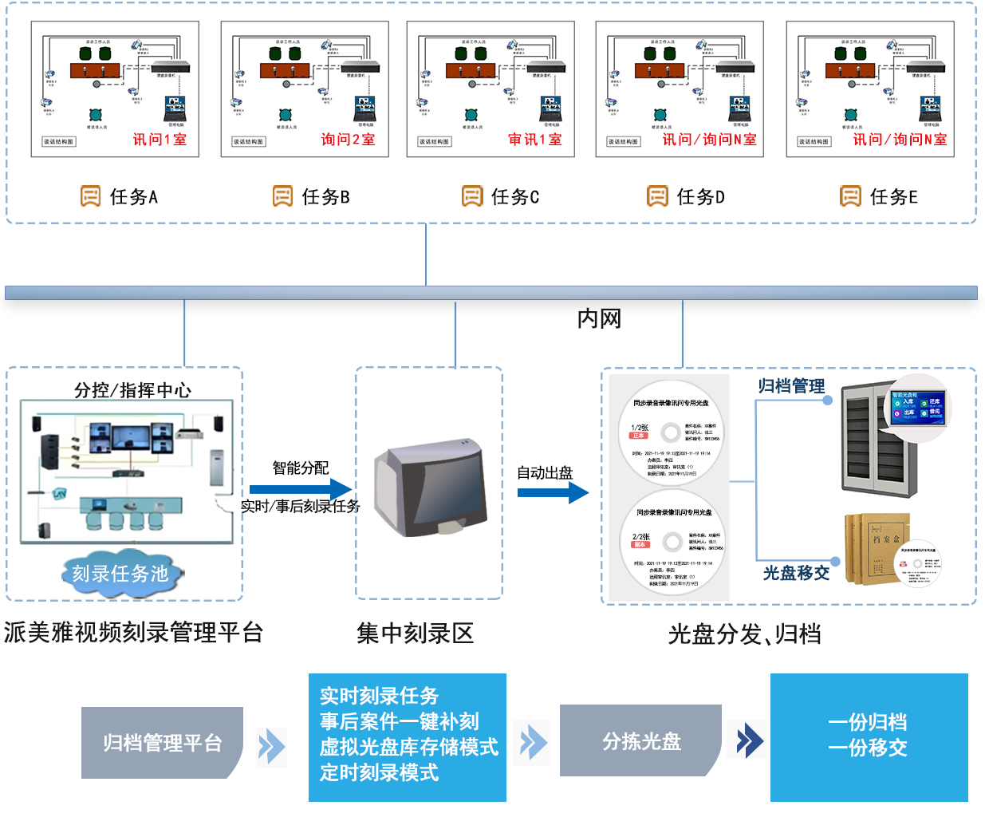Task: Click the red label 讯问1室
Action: coord(160,140)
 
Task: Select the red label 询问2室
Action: coord(348,140)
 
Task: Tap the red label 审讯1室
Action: coord(535,140)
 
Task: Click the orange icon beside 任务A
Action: coord(90,196)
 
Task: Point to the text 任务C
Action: coord(515,197)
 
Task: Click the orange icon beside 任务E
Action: coord(850,196)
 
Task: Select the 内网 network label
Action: coord(599,319)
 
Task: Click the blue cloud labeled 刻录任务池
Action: coord(120,573)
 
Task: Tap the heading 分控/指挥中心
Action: coord(132,390)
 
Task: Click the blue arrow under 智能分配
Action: coord(300,489)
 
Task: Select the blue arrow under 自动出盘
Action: coord(552,492)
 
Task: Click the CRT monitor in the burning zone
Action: coord(431,488)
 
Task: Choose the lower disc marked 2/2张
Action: coord(672,543)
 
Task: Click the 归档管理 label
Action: coord(791,386)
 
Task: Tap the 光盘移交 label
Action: coord(796,573)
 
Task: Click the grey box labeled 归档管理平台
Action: coord(162,743)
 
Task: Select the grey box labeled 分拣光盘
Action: coord(641,741)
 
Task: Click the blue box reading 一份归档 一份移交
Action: coord(869,736)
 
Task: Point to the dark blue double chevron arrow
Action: coord(749,740)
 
